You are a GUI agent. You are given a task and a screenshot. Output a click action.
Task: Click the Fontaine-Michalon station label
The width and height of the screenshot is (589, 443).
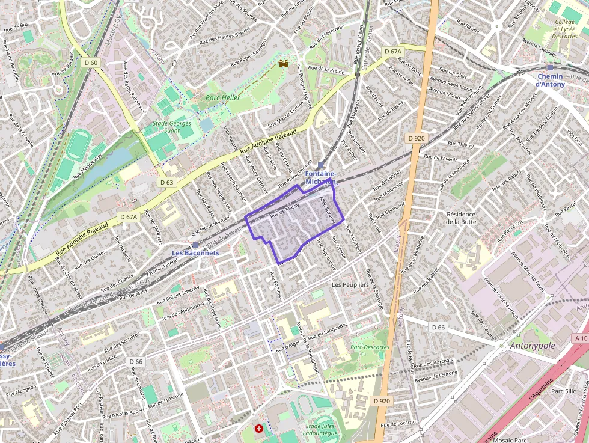point(320,177)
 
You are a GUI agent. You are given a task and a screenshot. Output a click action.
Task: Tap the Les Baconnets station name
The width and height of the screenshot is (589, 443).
point(195,253)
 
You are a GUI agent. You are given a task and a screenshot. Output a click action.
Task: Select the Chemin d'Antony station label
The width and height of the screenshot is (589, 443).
point(550,80)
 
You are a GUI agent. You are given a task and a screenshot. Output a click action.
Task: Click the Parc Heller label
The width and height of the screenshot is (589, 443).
point(223,97)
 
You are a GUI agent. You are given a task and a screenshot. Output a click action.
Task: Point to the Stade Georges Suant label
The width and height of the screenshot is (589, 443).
point(172,127)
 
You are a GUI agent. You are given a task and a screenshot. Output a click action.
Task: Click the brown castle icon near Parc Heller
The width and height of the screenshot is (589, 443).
point(284,63)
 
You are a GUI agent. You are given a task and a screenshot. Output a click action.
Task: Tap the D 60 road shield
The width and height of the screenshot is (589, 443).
point(91,63)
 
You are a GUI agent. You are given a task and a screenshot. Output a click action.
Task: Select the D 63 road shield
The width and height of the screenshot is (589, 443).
point(166,182)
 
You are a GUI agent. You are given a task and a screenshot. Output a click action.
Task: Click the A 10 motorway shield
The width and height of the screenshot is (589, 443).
point(580,338)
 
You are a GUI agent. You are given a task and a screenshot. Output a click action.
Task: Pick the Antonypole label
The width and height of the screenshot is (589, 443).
point(532,346)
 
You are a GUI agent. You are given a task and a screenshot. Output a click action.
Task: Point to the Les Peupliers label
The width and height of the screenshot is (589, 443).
point(350,284)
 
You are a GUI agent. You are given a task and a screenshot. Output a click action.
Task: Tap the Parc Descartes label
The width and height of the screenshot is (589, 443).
point(370,347)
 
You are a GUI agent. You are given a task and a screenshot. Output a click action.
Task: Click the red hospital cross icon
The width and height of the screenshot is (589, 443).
point(259,429)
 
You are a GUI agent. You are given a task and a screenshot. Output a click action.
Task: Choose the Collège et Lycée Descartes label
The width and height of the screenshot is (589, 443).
point(564,29)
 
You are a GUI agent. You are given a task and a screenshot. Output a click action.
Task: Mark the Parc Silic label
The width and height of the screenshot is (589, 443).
point(563,391)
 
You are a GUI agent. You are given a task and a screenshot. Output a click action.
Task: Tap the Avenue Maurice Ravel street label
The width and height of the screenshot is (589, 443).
point(528,273)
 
